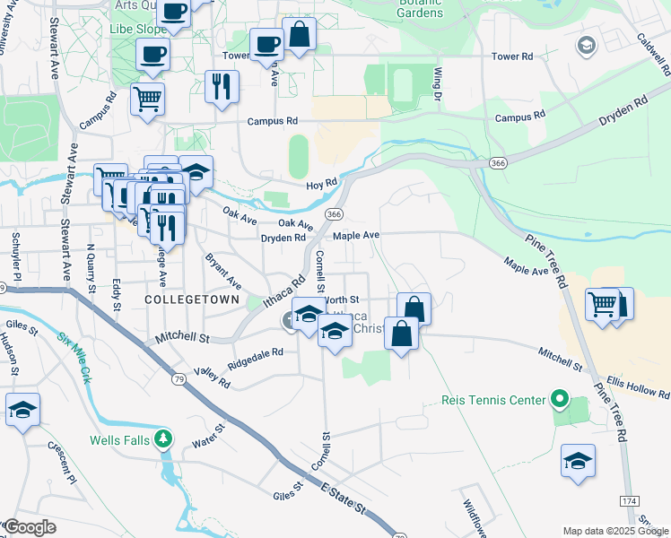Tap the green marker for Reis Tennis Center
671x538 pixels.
(x=561, y=398)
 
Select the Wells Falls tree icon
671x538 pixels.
(x=162, y=439)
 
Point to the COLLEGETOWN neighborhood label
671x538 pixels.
(x=192, y=299)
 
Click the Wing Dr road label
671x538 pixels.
(x=438, y=82)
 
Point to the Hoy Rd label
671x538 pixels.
(x=320, y=183)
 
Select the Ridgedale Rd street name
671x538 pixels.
(x=256, y=359)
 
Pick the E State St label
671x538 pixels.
(x=344, y=497)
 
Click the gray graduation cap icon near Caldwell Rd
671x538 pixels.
(x=588, y=45)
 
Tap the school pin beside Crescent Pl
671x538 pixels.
(x=22, y=410)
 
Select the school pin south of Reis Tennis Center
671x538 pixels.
(x=579, y=462)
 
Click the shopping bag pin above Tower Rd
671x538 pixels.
(x=300, y=35)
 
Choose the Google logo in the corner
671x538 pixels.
(x=30, y=526)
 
